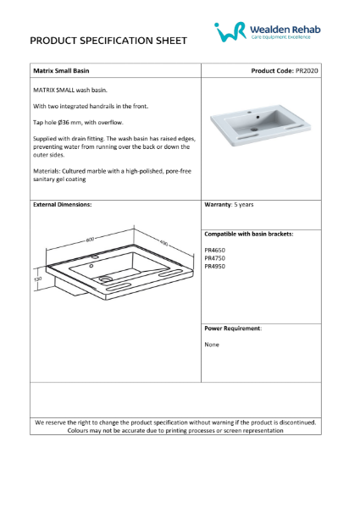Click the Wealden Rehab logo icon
point(228,31)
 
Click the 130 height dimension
point(38,278)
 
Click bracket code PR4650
point(215,251)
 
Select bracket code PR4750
point(215,258)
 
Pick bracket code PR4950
point(215,266)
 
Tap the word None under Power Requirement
point(212,345)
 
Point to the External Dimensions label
point(62,205)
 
